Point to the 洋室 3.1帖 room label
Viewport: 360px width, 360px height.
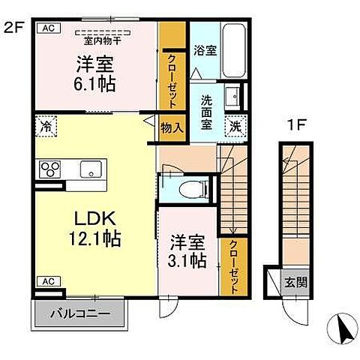click(x=187, y=253)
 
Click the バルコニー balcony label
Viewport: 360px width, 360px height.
click(x=75, y=313)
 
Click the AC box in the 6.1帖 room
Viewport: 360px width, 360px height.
click(x=46, y=28)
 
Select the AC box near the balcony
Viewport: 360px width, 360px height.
click(x=46, y=281)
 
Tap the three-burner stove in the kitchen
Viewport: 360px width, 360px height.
click(x=49, y=169)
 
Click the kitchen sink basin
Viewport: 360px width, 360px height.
click(x=93, y=169)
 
